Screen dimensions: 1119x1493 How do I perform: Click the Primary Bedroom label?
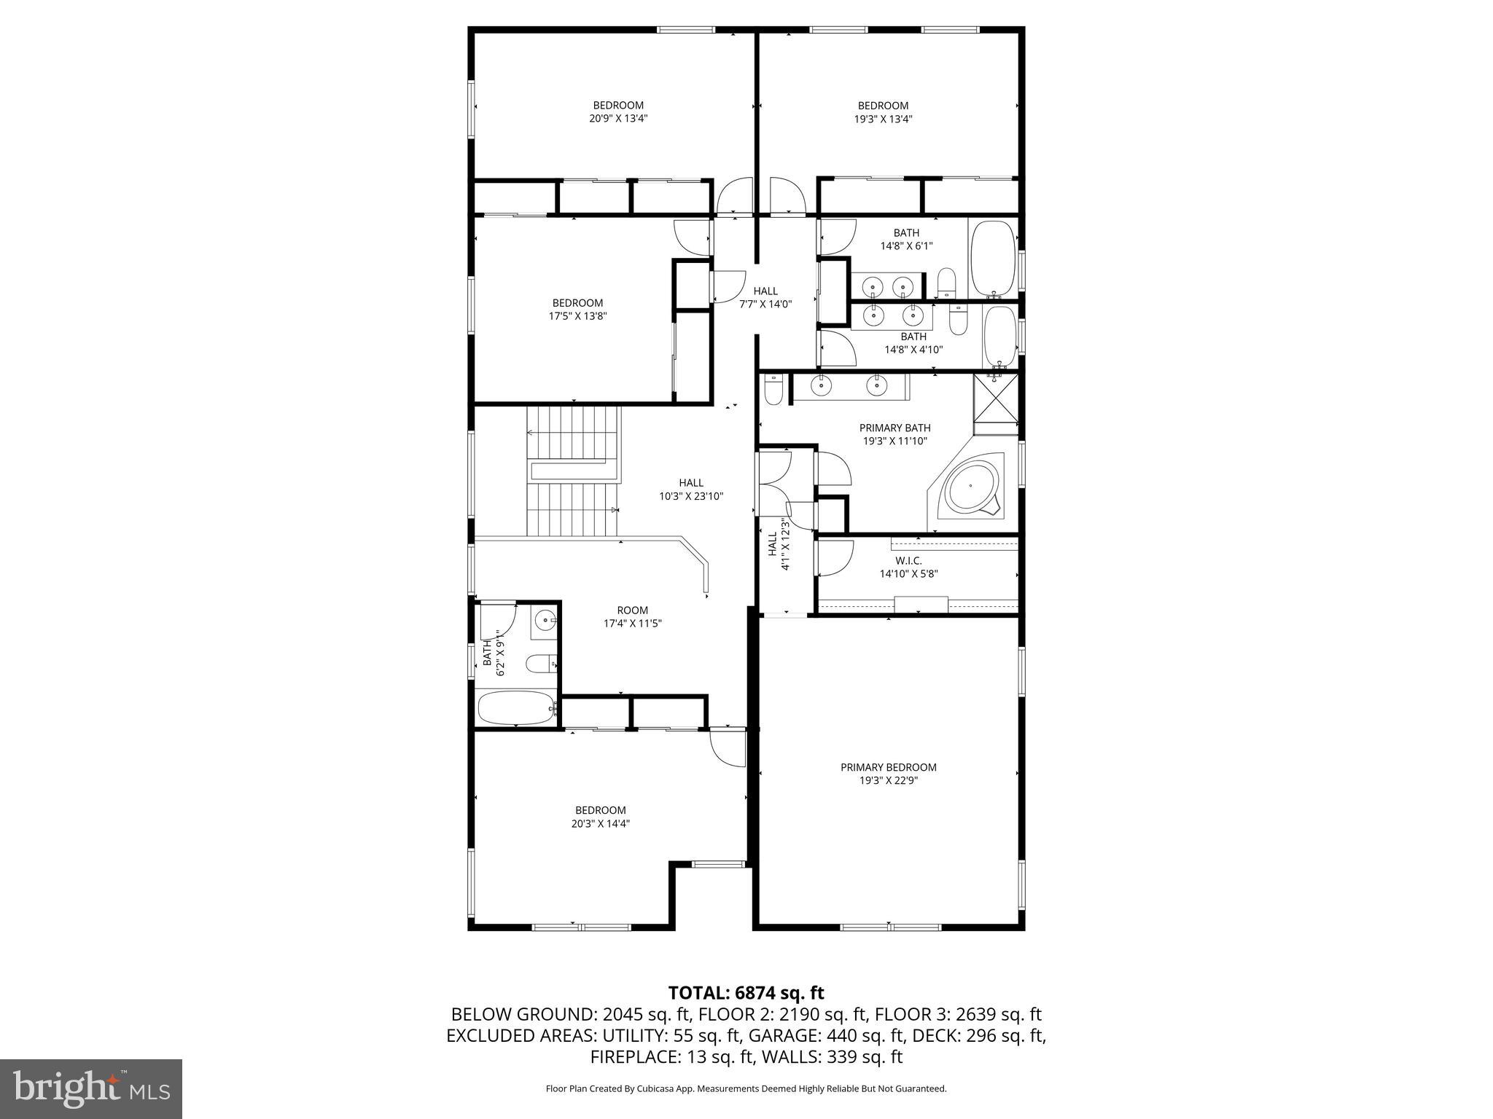(888, 773)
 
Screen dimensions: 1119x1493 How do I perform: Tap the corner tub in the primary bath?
(971, 487)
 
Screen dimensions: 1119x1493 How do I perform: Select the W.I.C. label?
(908, 567)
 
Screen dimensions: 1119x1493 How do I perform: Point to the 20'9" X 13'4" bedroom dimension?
(618, 119)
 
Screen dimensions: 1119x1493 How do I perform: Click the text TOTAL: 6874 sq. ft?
(746, 993)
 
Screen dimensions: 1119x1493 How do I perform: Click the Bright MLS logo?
(91, 1088)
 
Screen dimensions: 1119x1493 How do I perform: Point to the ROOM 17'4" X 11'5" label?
(632, 617)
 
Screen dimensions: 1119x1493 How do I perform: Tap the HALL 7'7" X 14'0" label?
(765, 297)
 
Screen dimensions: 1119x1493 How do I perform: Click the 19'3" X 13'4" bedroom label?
(883, 112)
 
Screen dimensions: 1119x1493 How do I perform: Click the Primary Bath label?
(894, 434)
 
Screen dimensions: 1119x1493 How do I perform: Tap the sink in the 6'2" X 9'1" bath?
(544, 621)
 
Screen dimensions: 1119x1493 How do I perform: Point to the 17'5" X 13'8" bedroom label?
(577, 310)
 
